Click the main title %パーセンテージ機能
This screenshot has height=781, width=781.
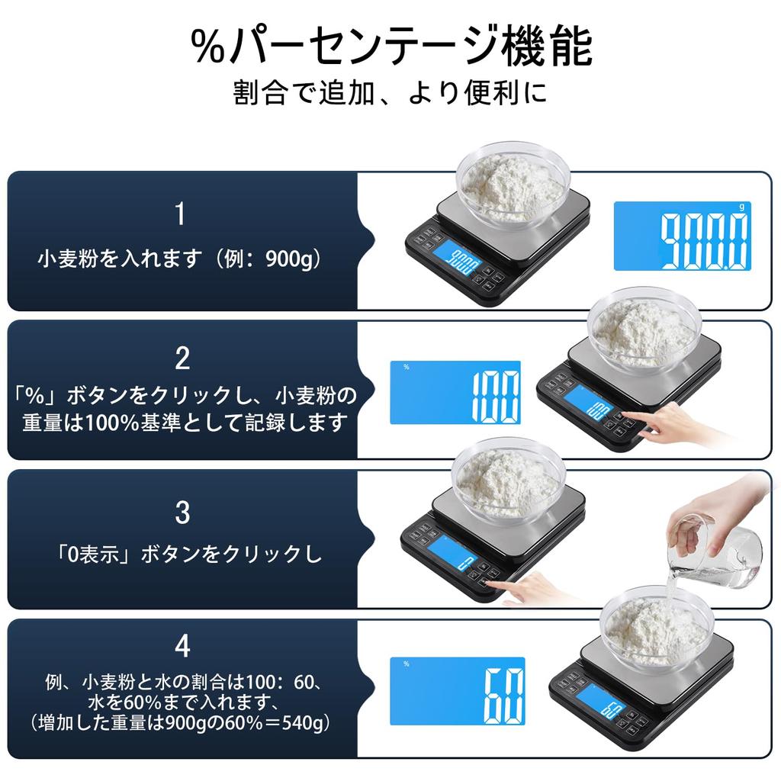(x=390, y=47)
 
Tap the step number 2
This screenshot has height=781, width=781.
(x=182, y=358)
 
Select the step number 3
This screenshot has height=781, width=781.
(x=182, y=513)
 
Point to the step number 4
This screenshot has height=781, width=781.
(x=182, y=646)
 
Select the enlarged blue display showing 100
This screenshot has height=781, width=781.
(x=455, y=392)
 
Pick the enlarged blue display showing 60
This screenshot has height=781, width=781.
(x=458, y=691)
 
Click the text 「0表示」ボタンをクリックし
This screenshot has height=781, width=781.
(x=182, y=554)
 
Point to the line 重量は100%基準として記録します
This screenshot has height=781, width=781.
(x=182, y=422)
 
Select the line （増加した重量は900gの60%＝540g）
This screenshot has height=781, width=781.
(x=182, y=722)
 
